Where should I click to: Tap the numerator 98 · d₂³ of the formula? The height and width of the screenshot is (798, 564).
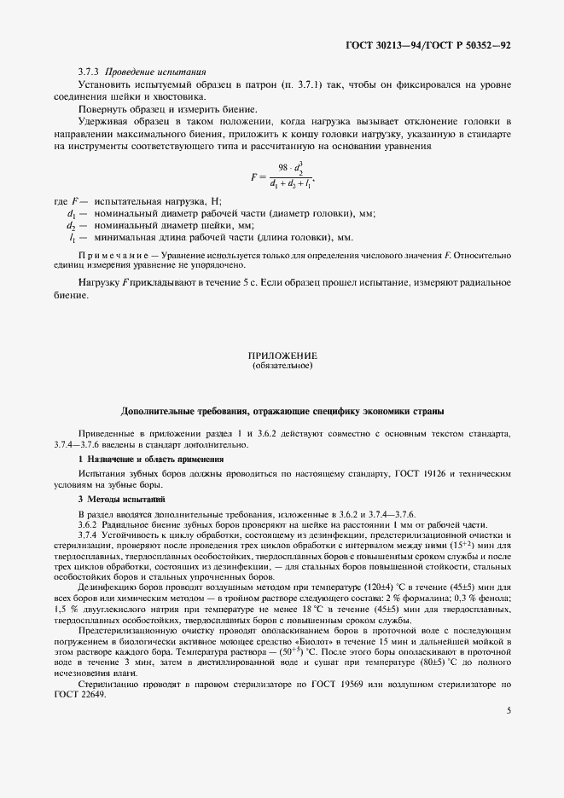[x=290, y=168]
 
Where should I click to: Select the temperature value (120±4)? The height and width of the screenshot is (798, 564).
[x=364, y=587]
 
